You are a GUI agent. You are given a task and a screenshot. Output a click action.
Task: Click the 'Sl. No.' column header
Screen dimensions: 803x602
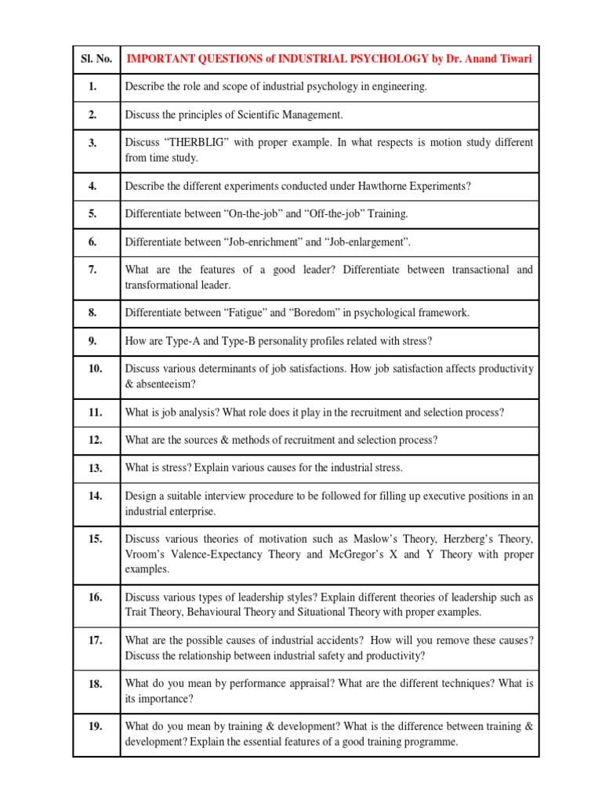pos(96,58)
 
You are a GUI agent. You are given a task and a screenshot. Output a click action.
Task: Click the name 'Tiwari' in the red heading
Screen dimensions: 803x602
pos(510,58)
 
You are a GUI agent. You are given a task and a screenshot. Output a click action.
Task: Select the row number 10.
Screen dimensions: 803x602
pos(96,369)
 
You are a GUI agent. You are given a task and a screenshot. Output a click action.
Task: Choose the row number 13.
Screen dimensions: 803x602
pos(96,468)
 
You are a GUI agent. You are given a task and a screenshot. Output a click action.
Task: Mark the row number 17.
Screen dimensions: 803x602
pos(96,640)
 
